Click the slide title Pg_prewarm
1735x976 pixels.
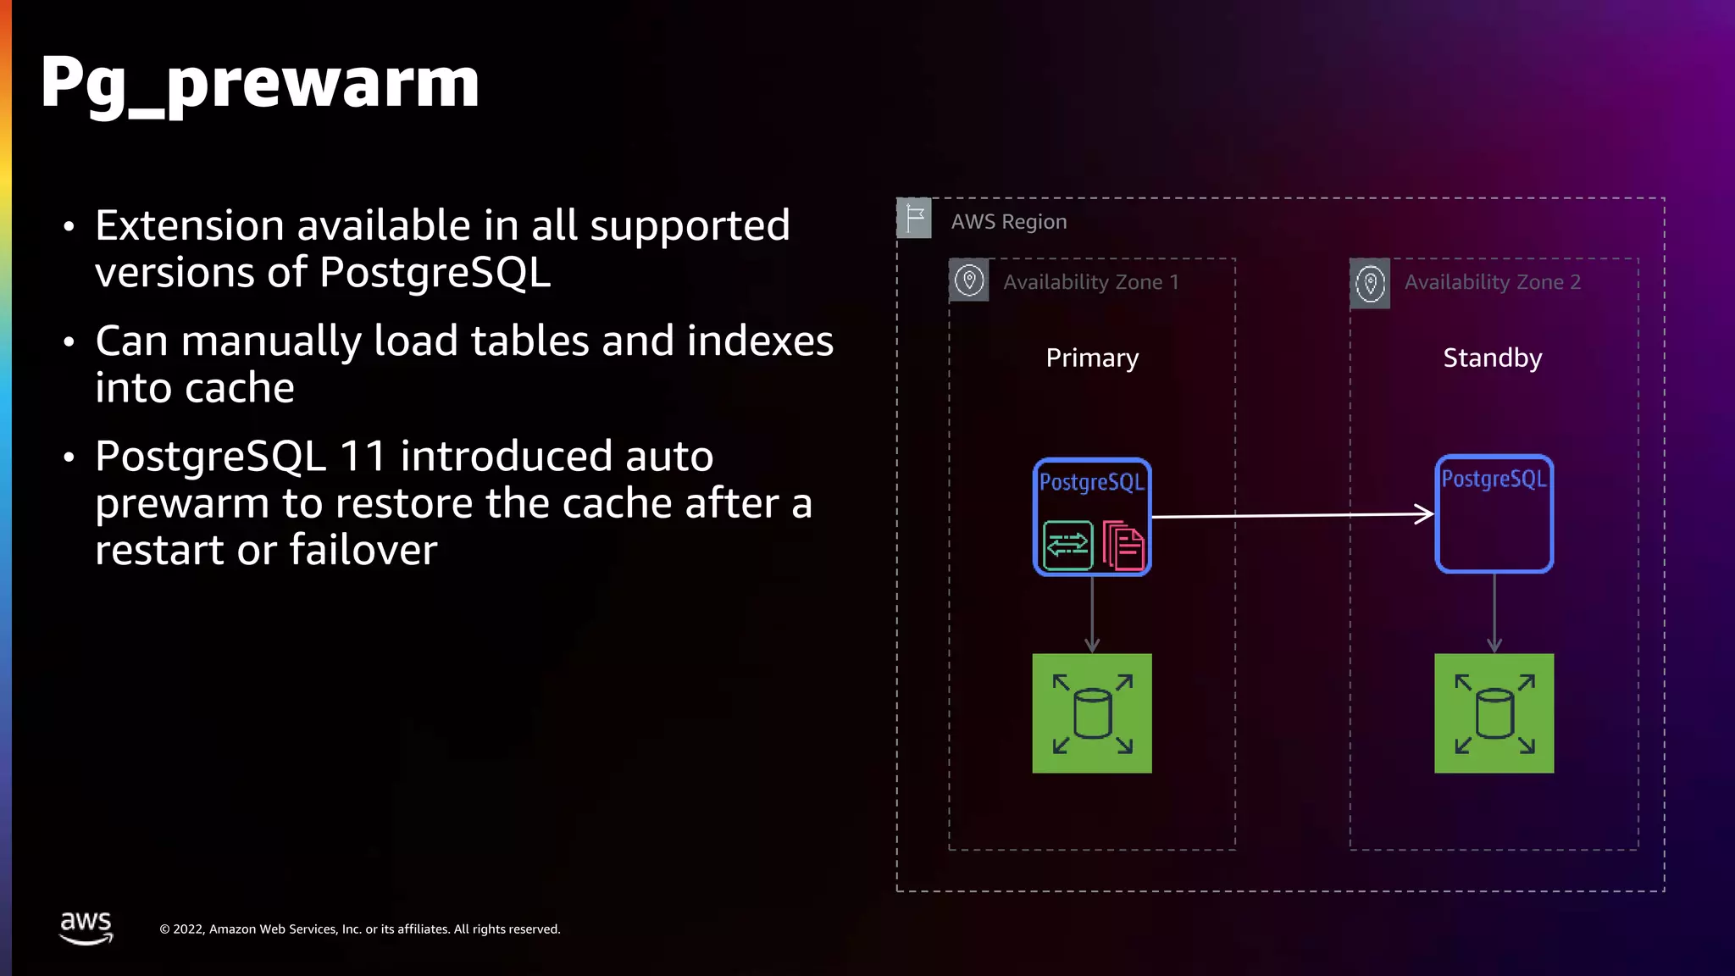259,83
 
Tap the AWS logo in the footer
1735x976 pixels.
86,927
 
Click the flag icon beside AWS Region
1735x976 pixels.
914,219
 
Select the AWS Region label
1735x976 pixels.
1008,222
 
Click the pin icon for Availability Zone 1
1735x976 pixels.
969,280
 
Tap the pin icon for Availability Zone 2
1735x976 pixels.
1370,283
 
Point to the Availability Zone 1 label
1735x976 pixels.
1090,282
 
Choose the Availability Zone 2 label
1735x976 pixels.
1492,282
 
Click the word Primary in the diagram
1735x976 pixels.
1092,358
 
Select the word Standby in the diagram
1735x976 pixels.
1492,358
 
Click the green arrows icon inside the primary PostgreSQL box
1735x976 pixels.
1067,546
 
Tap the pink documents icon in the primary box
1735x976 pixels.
1123,546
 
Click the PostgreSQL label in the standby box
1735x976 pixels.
1494,479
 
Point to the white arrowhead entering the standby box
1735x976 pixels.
1425,513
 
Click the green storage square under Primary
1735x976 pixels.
1092,713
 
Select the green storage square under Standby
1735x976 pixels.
1494,713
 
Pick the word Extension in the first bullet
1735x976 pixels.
189,225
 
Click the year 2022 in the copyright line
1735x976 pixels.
189,929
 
